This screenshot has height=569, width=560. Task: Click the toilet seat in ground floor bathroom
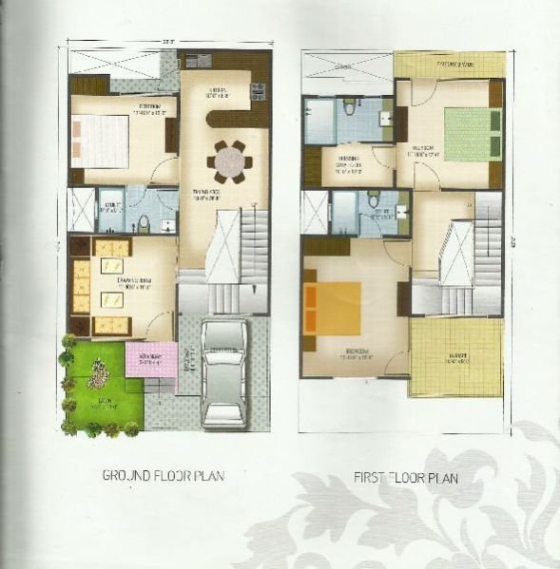(x=144, y=225)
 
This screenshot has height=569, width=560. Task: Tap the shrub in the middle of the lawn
(x=98, y=379)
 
